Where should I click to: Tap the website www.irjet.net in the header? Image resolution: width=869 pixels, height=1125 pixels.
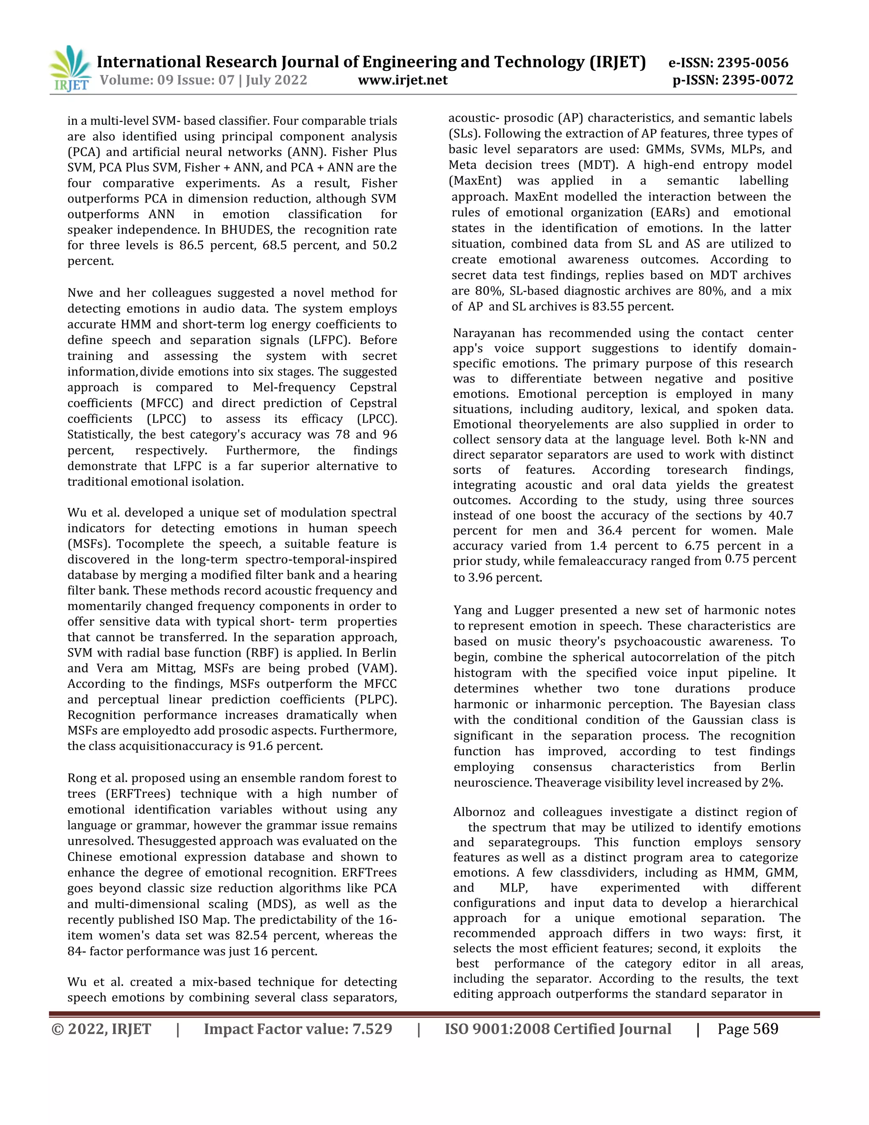point(403,80)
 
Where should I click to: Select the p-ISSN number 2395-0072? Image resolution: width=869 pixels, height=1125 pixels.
point(757,80)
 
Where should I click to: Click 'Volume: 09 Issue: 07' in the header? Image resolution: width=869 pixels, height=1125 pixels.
point(167,80)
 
